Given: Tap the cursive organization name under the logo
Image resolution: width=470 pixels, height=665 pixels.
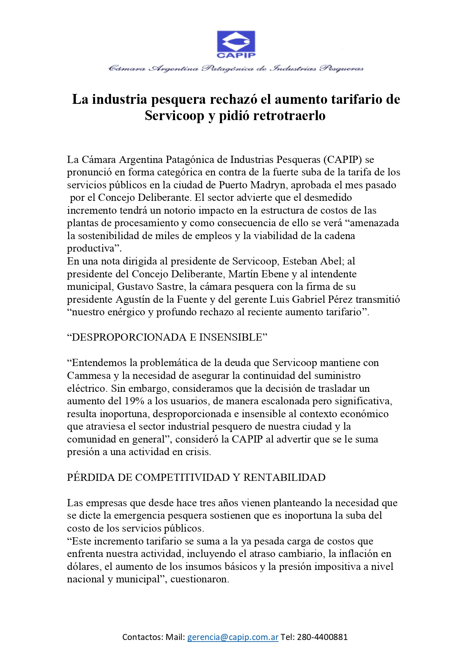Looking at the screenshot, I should pos(236,69).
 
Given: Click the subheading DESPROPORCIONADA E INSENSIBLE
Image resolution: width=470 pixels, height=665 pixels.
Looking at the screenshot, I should pos(167,337).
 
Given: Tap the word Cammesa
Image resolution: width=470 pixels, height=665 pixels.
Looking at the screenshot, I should pos(88,376).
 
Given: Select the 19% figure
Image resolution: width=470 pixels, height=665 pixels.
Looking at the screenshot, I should pos(134,401).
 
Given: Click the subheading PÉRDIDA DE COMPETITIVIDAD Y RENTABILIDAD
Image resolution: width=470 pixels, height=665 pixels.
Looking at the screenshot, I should pos(196,477).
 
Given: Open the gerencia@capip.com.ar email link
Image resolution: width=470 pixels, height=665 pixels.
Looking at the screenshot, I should pos(233,637).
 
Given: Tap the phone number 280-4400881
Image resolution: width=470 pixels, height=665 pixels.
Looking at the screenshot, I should pos(322,637).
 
